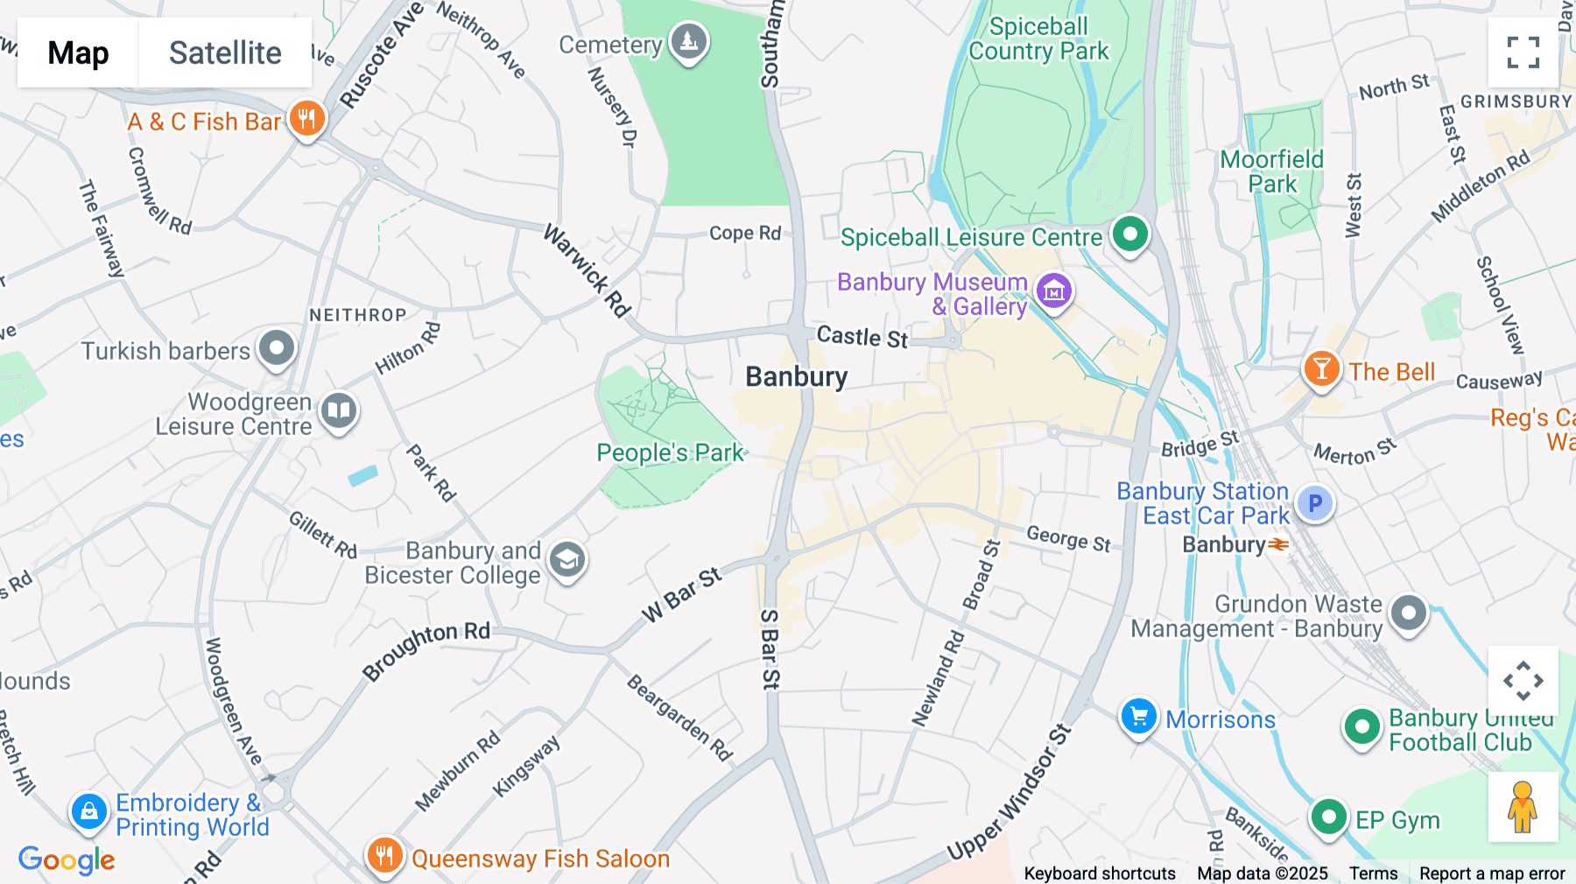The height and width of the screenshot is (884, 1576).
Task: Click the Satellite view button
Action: pos(225,53)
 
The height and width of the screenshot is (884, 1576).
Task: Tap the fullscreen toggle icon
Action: pos(1523,53)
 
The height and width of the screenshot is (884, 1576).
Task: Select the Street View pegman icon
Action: pos(1523,807)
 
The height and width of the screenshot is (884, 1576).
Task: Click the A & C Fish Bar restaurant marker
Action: pos(306,119)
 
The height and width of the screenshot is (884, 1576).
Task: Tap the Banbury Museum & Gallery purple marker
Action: pos(1054,291)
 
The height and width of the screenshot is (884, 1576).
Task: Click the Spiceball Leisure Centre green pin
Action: pos(1129,235)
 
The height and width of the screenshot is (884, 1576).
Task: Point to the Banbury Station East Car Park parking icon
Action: pos(1314,503)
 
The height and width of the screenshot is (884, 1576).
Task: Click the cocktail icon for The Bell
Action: pos(1321,368)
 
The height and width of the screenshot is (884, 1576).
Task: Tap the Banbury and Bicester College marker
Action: pos(567,559)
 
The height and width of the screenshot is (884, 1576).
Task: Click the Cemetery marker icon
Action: pos(689,41)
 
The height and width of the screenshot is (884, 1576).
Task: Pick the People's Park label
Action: pos(670,453)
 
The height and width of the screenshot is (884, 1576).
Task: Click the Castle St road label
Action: pos(862,337)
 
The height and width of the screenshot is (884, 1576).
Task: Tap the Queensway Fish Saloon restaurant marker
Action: pos(384,855)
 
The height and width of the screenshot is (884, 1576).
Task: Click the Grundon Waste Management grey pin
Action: pos(1409,614)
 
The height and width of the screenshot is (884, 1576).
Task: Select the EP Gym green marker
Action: pos(1328,817)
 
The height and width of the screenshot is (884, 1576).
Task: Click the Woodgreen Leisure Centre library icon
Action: pos(339,410)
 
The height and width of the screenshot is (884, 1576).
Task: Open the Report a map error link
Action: pos(1492,873)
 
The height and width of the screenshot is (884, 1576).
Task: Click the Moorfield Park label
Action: pos(1272,172)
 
